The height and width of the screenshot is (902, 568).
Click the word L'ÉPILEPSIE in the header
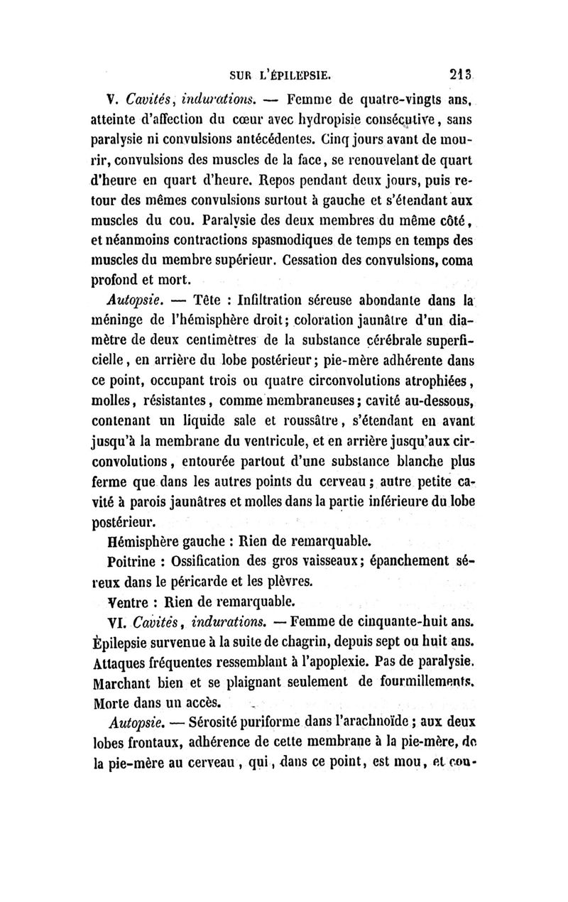point(294,72)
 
